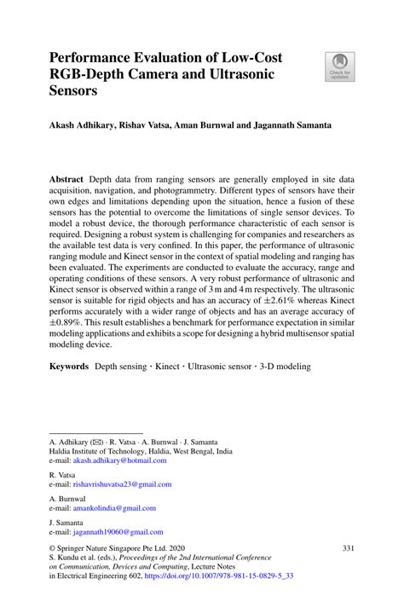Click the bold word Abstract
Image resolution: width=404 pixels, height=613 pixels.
coord(66,182)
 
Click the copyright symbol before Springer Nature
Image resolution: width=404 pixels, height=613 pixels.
coord(53,548)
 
